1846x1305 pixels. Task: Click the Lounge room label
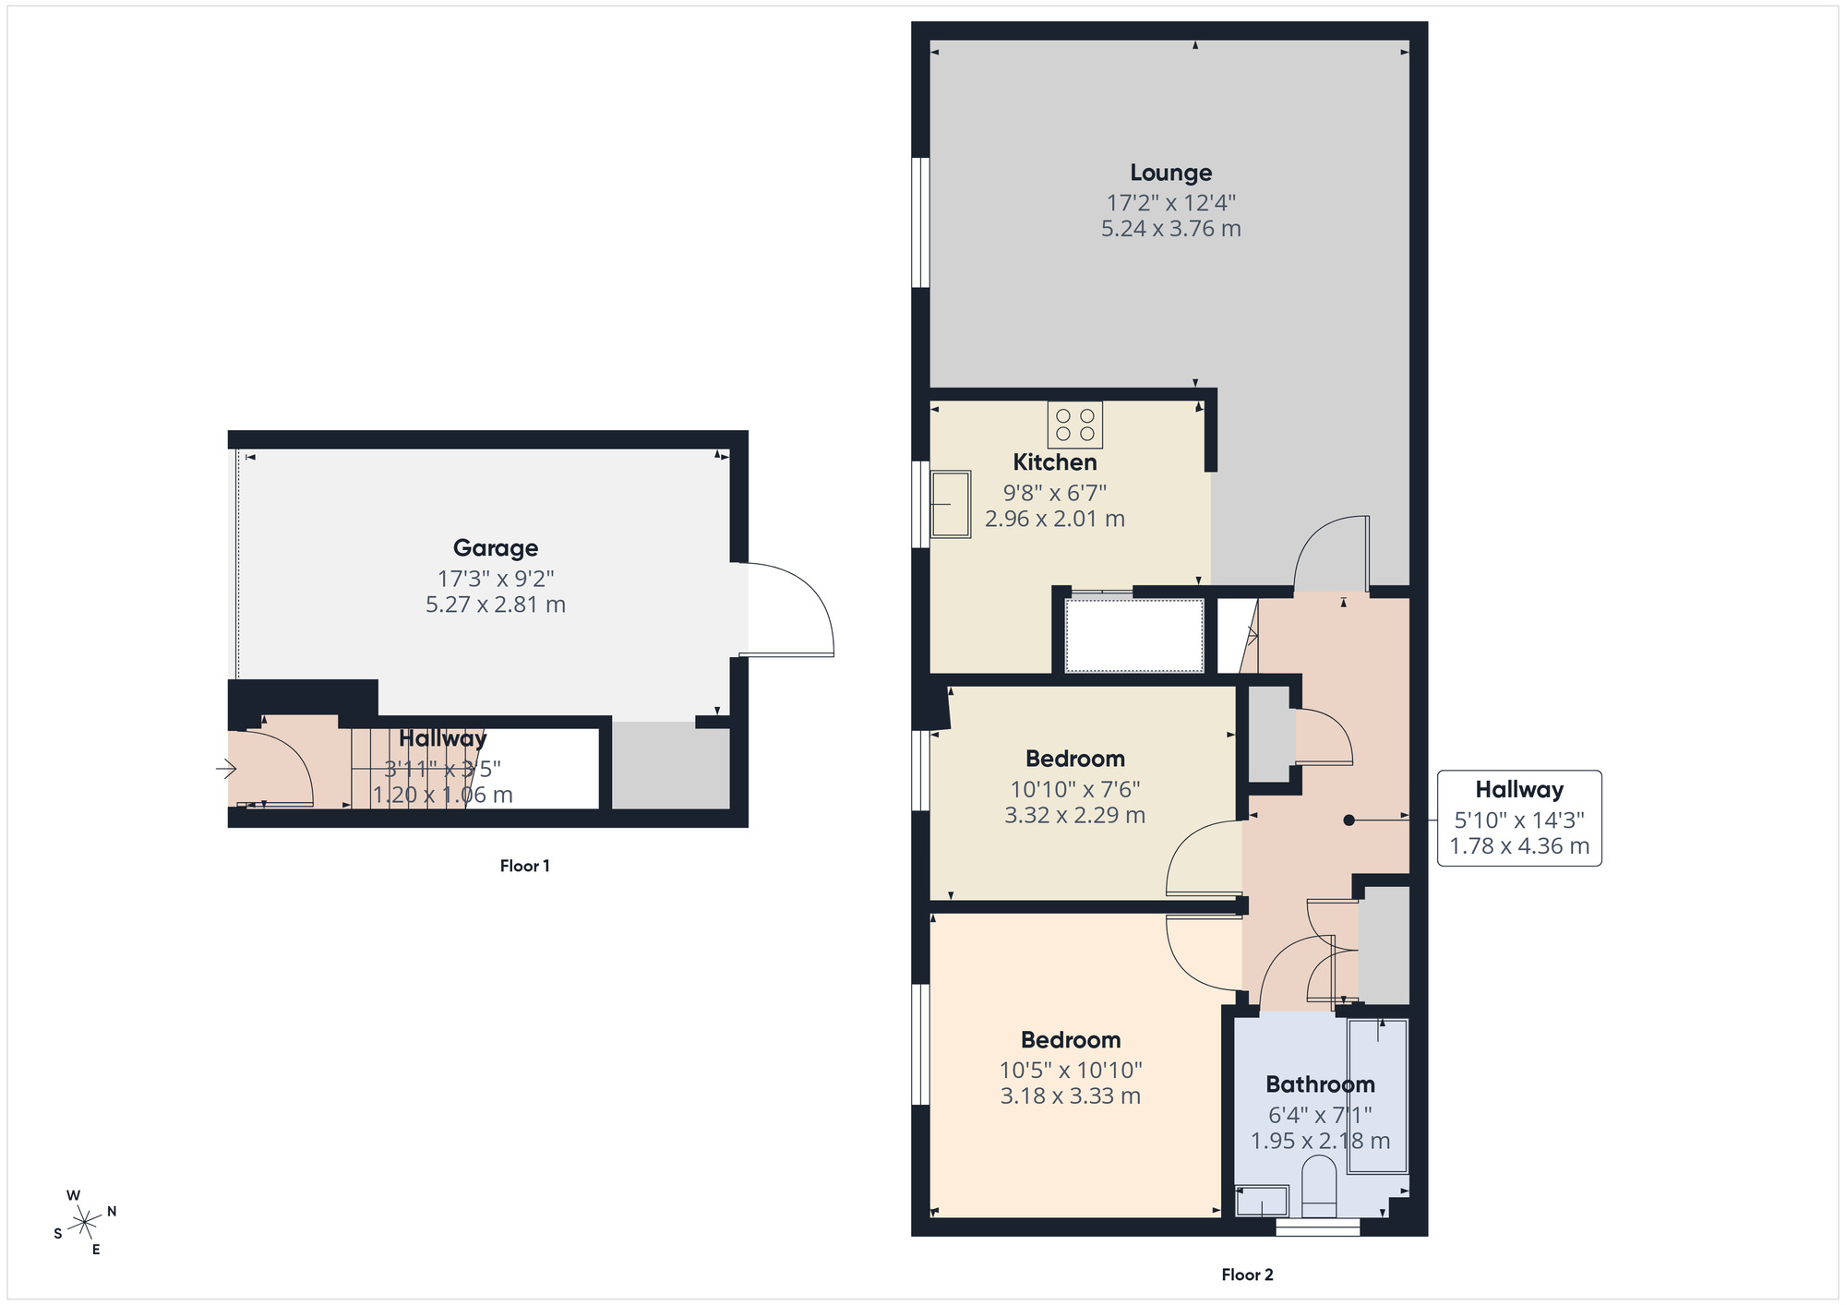(x=1170, y=173)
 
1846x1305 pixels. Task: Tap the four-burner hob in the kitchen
(x=1074, y=425)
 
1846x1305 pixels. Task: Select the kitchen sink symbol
(x=950, y=504)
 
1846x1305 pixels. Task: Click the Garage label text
(x=496, y=548)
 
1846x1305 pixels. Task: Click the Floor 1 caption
(x=524, y=866)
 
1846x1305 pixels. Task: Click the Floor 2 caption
(x=1247, y=1275)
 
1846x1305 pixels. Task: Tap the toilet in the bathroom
(x=1318, y=1191)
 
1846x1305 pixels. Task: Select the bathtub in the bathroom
(x=1377, y=1096)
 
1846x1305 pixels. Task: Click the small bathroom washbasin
(x=1261, y=1201)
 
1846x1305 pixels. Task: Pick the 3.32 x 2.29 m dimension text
(x=1074, y=816)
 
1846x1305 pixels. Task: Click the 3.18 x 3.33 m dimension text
(x=1070, y=1096)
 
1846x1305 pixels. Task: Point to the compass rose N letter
(x=112, y=1211)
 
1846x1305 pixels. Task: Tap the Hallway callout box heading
(x=1518, y=790)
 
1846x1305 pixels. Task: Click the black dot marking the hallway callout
(x=1349, y=820)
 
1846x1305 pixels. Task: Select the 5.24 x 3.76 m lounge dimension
(x=1170, y=229)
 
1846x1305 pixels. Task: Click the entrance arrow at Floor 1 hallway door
(x=226, y=768)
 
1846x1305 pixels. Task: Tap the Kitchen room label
(x=1054, y=462)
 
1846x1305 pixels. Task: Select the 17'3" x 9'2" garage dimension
(x=496, y=579)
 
